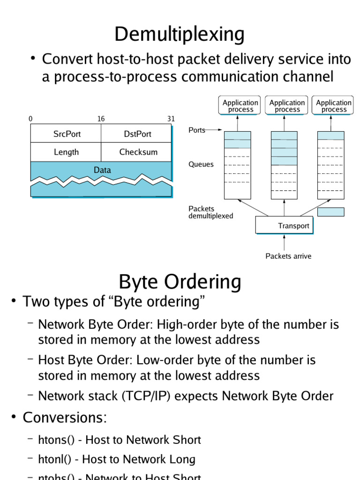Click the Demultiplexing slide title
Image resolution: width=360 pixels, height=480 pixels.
click(180, 34)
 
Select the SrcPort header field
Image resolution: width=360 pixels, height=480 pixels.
click(67, 134)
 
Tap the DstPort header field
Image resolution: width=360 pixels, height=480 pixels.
click(137, 134)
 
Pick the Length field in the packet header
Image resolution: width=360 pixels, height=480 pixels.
click(66, 152)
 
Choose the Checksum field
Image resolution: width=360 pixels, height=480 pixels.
click(138, 152)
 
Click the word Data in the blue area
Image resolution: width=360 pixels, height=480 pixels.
click(102, 170)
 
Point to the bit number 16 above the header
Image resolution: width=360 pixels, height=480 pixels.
click(101, 119)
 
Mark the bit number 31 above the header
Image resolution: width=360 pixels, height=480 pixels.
click(171, 119)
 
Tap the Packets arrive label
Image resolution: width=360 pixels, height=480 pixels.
click(288, 256)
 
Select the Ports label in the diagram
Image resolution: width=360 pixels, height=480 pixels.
click(197, 130)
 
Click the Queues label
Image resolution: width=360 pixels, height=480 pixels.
click(201, 165)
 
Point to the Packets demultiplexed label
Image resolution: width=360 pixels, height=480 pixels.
click(210, 212)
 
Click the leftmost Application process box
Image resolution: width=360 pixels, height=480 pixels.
click(240, 106)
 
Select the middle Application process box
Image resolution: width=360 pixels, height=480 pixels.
click(287, 106)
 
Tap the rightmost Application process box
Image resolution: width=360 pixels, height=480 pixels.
click(333, 106)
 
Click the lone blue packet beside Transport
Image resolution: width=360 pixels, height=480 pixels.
click(330, 212)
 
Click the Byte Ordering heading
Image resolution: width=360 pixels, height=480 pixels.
click(180, 282)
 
